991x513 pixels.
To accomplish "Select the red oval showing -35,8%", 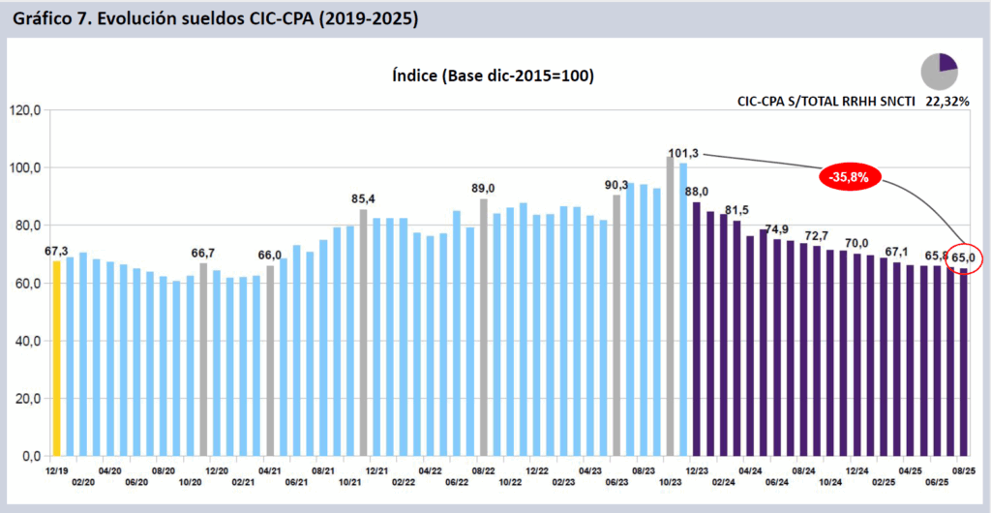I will click(853, 176).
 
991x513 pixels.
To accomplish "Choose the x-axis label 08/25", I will click(963, 468).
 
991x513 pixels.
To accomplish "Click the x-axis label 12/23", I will click(695, 468).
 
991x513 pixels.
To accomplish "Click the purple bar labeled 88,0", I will click(696, 329).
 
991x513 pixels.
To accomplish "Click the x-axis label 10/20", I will click(190, 481).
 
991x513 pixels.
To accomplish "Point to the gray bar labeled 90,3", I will click(616, 325).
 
